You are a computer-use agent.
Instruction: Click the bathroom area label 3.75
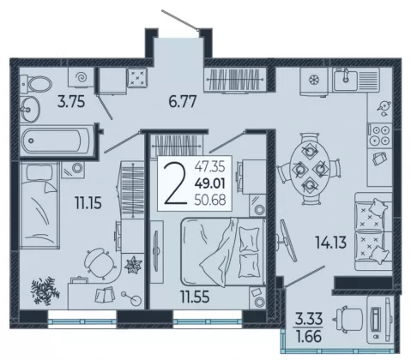click(71, 102)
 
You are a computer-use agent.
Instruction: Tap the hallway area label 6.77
click(183, 102)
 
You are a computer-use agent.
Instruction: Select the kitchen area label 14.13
click(330, 243)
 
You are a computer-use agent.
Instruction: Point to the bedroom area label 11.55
click(195, 297)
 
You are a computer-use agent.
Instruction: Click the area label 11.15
click(88, 203)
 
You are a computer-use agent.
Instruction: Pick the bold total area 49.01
click(210, 183)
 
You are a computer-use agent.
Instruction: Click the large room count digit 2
click(175, 183)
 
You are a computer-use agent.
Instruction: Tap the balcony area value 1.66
click(309, 336)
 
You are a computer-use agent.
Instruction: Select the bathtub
click(57, 141)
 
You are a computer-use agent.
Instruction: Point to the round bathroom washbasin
click(30, 109)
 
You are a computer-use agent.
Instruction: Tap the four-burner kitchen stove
click(379, 135)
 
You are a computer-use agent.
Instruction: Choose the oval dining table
click(309, 169)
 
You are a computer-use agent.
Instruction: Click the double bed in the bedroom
click(223, 252)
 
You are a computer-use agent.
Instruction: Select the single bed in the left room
click(39, 205)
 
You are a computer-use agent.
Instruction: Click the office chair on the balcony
click(348, 320)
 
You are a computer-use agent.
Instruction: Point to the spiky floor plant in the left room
click(45, 291)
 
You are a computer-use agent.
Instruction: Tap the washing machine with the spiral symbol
click(81, 77)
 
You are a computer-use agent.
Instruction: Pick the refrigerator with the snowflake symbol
click(314, 81)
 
